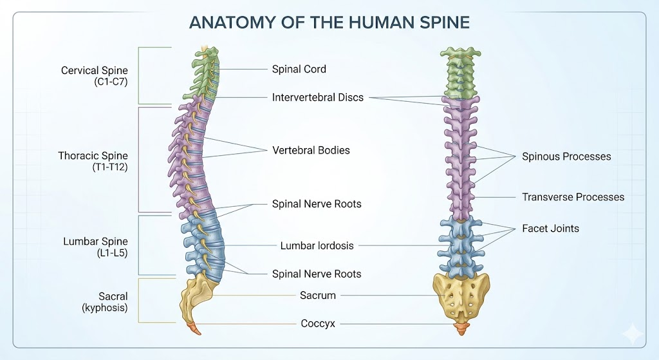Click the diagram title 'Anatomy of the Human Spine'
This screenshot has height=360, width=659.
[x=329, y=23]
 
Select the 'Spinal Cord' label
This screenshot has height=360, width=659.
[x=299, y=69]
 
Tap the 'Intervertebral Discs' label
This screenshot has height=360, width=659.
[x=317, y=97]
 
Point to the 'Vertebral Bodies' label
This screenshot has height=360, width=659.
[x=311, y=150]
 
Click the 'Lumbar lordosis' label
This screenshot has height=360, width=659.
[x=317, y=245]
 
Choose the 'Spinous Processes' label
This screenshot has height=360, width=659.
[x=566, y=156]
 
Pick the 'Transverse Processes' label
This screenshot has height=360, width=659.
[x=573, y=197]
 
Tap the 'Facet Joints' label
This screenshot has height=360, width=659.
[x=551, y=229]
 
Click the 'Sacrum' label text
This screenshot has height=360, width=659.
[x=318, y=295]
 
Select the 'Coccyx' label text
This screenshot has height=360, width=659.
[x=318, y=324]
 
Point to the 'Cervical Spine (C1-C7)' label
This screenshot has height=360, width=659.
[x=94, y=76]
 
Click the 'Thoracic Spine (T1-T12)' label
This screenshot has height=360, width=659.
[x=93, y=162]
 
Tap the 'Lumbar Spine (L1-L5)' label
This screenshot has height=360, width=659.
[x=95, y=247]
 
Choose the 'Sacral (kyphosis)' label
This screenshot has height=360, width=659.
[x=105, y=301]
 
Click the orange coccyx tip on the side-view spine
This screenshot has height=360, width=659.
[x=195, y=328]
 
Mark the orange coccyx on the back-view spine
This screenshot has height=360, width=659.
[x=461, y=328]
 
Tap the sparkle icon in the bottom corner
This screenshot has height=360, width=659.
[x=633, y=334]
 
